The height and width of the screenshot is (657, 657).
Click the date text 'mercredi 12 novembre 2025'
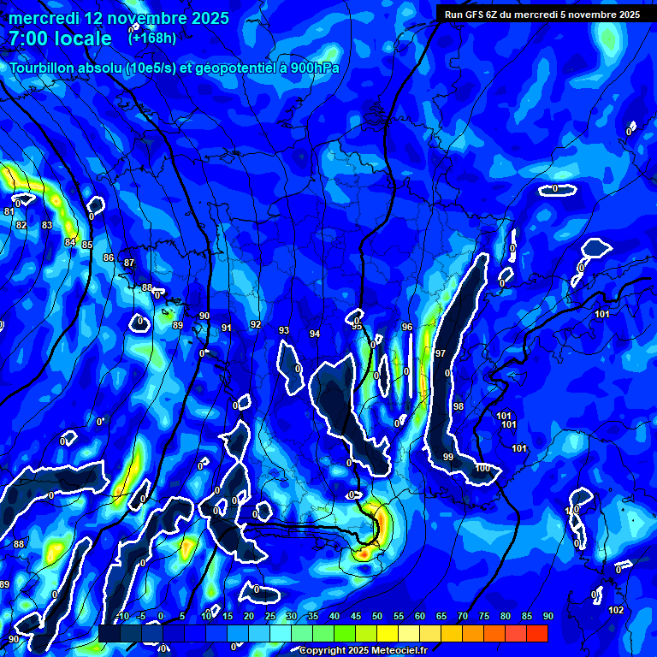click(119, 18)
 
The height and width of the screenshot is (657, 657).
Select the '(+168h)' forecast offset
click(152, 38)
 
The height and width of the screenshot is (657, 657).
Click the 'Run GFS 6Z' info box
click(542, 14)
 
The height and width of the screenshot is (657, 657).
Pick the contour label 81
click(9, 211)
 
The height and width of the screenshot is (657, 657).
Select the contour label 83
click(47, 226)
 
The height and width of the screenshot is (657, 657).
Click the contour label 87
click(129, 263)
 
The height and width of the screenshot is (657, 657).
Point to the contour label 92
click(256, 324)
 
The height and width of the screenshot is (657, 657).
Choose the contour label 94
click(315, 334)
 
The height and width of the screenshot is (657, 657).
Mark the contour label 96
click(407, 328)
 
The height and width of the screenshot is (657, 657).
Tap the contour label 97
click(441, 353)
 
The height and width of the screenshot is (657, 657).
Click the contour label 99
click(448, 458)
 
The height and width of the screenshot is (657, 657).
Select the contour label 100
click(482, 468)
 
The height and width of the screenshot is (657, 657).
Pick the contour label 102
click(616, 610)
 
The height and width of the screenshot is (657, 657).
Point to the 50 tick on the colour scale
click(377, 616)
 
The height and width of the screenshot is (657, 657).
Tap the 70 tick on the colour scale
click(463, 616)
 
